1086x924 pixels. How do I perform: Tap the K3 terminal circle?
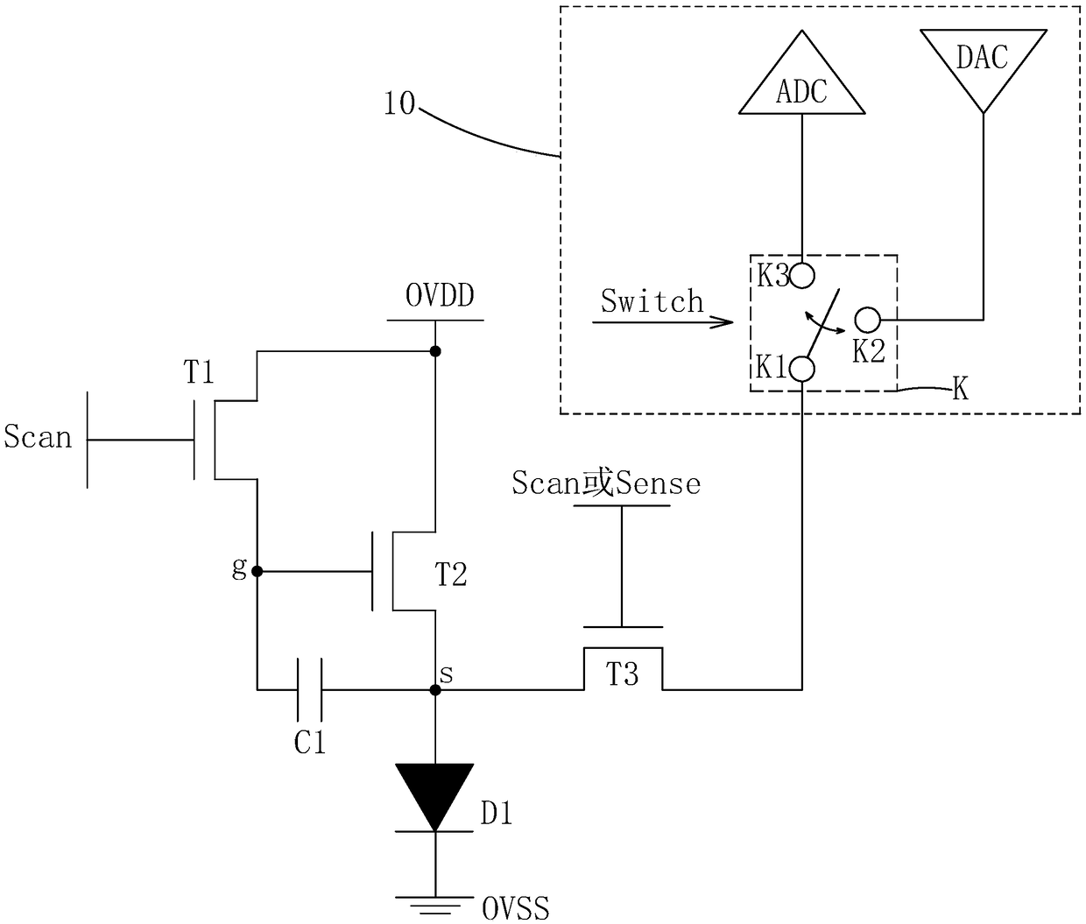pos(802,275)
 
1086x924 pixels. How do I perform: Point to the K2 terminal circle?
pos(867,320)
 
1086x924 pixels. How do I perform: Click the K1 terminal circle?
pos(802,368)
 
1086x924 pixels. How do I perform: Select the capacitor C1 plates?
pos(309,689)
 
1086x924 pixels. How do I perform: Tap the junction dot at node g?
pos(257,571)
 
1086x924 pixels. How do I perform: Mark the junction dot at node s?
pos(435,690)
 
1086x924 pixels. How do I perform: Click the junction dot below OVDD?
pos(435,351)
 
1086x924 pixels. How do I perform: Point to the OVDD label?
pos(440,296)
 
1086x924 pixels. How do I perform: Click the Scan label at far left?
pos(38,437)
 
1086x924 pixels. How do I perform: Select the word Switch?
pos(652,301)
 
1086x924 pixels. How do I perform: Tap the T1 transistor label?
pos(199,372)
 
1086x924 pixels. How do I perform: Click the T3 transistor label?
pos(623,674)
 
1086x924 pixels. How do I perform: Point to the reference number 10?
pos(400,103)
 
